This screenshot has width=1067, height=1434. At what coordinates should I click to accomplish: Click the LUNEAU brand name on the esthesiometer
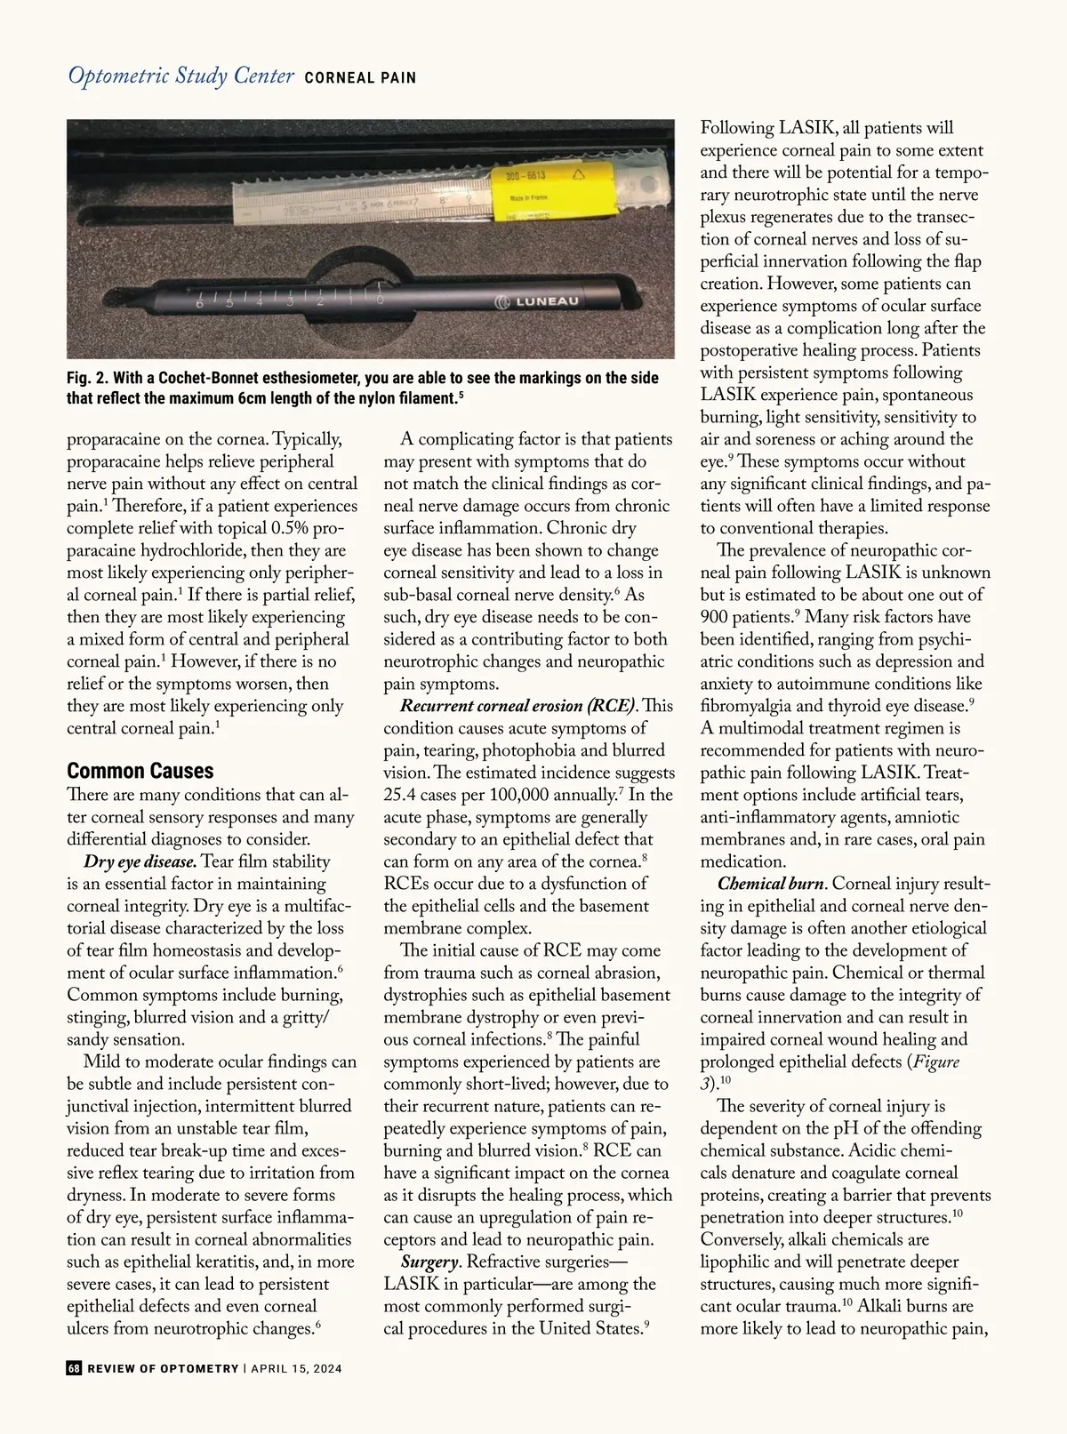click(542, 301)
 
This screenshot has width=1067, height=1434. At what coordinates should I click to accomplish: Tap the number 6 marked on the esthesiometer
click(199, 304)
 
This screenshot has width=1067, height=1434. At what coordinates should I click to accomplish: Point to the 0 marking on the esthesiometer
click(380, 300)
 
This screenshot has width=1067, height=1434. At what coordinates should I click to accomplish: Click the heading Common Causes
click(140, 770)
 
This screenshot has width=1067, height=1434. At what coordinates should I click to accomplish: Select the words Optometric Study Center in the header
click(181, 76)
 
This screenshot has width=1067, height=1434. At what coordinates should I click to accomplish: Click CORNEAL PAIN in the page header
click(360, 78)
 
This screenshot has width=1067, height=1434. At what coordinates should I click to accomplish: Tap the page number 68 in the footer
click(75, 1368)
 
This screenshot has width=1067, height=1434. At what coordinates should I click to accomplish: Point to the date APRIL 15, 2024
click(296, 1368)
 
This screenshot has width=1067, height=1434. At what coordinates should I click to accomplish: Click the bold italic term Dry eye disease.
click(140, 861)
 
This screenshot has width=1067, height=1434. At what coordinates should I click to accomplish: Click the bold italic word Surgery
click(430, 1262)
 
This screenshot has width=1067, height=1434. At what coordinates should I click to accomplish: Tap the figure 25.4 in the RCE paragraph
click(403, 795)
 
